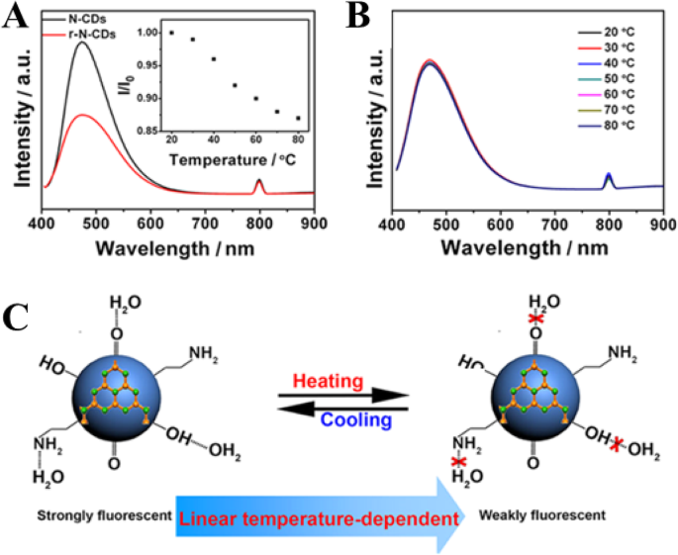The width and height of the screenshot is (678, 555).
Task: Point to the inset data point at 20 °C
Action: pos(171,33)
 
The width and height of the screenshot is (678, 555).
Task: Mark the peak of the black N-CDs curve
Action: pos(80,42)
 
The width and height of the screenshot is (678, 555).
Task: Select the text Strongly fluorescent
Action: pos(94,517)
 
